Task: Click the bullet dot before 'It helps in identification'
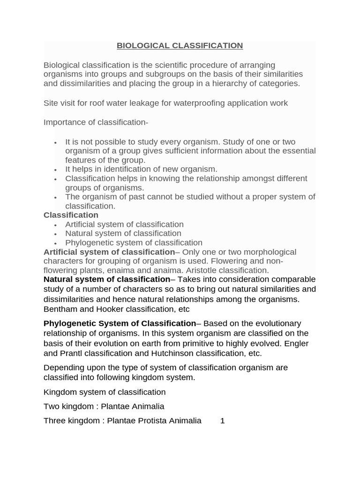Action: coord(55,170)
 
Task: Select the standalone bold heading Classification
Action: coord(71,215)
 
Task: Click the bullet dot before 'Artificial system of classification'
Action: coord(55,225)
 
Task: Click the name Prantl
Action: coord(72,353)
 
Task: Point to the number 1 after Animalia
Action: coord(223,420)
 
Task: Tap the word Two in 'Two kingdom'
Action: coord(51,406)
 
